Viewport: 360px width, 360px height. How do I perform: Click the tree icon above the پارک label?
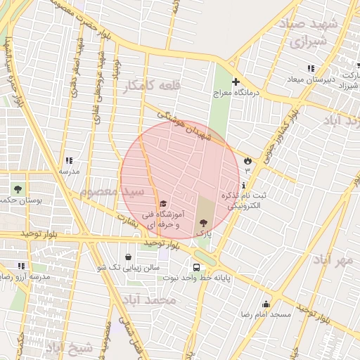point(204,221)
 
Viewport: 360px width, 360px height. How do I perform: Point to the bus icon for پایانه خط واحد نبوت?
point(196,267)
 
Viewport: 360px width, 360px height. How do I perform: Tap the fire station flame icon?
point(247,161)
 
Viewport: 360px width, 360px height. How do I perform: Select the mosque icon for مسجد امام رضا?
point(266,304)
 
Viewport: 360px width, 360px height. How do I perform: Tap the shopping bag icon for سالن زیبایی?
point(127,257)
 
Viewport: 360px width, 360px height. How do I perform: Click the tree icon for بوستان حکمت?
point(18,188)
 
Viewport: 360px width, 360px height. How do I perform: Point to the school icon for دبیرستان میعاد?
point(310,68)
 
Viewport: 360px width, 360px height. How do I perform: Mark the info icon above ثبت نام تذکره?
point(243,185)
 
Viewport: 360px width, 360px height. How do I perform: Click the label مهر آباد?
point(333,260)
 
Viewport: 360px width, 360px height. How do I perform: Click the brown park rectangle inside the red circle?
point(205,207)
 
